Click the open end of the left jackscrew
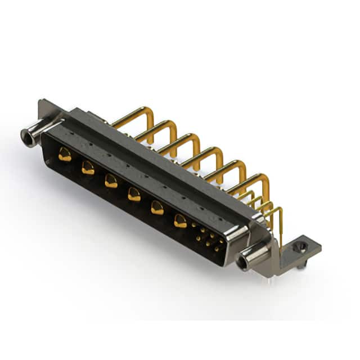[26, 136]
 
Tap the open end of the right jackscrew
[244, 263]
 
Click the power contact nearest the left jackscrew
[65, 155]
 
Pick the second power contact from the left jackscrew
[88, 167]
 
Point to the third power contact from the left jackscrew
[111, 181]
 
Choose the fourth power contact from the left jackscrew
[134, 194]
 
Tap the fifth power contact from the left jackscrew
[157, 208]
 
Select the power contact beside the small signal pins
[180, 220]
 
